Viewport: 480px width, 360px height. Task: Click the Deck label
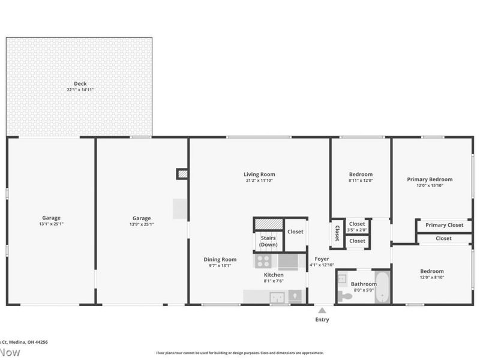[80, 83]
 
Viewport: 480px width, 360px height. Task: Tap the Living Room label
[259, 175]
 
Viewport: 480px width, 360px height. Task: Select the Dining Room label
[220, 260]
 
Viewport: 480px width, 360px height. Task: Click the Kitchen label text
[274, 275]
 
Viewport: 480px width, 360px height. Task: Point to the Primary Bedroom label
[430, 179]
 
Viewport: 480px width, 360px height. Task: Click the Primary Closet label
[445, 225]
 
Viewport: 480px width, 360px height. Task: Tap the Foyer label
[322, 259]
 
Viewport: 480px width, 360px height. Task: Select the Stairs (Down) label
[268, 241]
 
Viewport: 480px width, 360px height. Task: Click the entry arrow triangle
[322, 311]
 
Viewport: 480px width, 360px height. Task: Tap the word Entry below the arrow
[322, 320]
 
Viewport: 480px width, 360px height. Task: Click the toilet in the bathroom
[345, 295]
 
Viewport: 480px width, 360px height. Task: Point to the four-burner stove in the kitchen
[263, 261]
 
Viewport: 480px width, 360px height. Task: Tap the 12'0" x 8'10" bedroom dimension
[432, 277]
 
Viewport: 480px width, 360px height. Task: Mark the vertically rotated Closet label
[337, 233]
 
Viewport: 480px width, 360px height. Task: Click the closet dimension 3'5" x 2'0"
[357, 230]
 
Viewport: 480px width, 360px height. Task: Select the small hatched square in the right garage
[182, 174]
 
